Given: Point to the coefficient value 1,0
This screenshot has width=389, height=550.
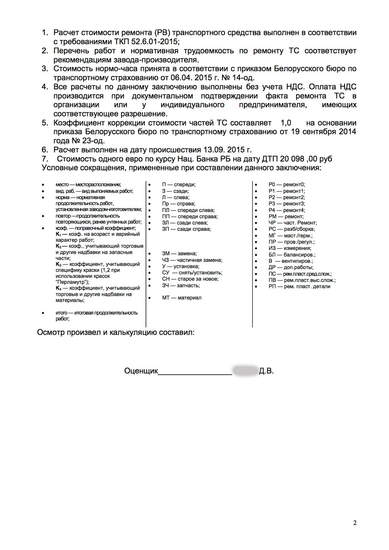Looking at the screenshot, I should pyautogui.click(x=286, y=123).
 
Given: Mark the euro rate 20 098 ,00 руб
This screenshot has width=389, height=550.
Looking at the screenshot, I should pyautogui.click(x=306, y=159).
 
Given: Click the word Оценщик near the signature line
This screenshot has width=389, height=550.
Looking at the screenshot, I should pyautogui.click(x=141, y=371).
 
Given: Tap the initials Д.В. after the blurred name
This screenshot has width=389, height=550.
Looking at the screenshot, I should pyautogui.click(x=266, y=371).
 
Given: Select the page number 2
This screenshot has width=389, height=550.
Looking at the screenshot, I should pyautogui.click(x=355, y=523).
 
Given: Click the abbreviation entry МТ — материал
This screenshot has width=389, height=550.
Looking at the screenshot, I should pyautogui.click(x=182, y=298).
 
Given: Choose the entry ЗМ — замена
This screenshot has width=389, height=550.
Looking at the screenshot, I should pyautogui.click(x=179, y=253).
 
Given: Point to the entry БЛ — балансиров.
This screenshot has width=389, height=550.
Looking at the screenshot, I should pyautogui.click(x=292, y=255).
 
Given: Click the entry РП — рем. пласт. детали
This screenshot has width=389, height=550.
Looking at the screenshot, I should pyautogui.click(x=299, y=287).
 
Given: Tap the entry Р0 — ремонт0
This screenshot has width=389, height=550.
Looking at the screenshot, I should pyautogui.click(x=286, y=185).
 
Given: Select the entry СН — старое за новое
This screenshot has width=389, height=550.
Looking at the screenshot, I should pyautogui.click(x=190, y=279).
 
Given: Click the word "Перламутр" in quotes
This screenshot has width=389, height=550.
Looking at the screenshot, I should pyautogui.click(x=72, y=282).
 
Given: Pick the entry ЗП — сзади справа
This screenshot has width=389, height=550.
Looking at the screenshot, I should pyautogui.click(x=186, y=229).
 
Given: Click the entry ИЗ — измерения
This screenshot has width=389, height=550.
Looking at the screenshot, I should pyautogui.click(x=290, y=248).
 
